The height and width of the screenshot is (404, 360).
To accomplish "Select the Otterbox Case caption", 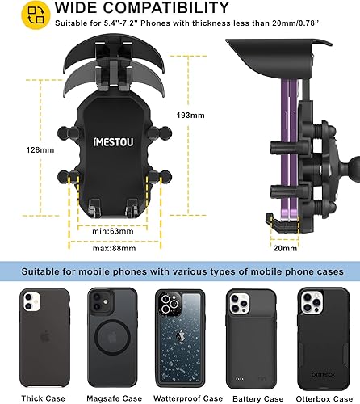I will click(321, 397).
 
